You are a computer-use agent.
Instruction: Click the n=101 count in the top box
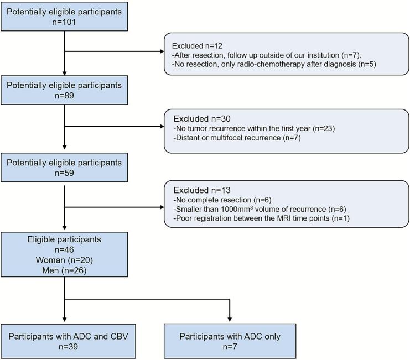(64, 22)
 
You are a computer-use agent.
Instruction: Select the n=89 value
(64, 96)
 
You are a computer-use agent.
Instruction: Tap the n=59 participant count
(64, 173)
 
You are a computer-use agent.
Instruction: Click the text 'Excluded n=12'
(197, 46)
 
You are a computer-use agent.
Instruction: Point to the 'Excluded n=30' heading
(202, 119)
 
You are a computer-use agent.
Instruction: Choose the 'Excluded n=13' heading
(202, 190)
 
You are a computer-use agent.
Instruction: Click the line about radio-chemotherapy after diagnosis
(274, 64)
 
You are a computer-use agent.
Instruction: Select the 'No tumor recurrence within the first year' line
(254, 128)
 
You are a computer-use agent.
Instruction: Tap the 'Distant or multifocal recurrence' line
(237, 138)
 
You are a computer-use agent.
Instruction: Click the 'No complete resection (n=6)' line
(222, 200)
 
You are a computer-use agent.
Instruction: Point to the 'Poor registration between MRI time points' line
(262, 218)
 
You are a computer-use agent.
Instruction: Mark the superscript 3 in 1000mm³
(252, 207)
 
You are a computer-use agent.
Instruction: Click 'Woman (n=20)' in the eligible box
(64, 260)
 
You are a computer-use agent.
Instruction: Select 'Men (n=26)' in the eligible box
(64, 270)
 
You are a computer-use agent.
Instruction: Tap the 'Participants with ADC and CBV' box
(68, 341)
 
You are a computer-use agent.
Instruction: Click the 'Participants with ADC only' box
(230, 341)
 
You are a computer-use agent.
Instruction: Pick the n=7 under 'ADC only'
(230, 347)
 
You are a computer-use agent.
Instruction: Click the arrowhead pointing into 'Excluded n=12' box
(162, 51)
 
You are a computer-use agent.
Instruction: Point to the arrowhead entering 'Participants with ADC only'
(230, 319)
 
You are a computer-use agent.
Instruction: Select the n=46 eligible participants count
(64, 250)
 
